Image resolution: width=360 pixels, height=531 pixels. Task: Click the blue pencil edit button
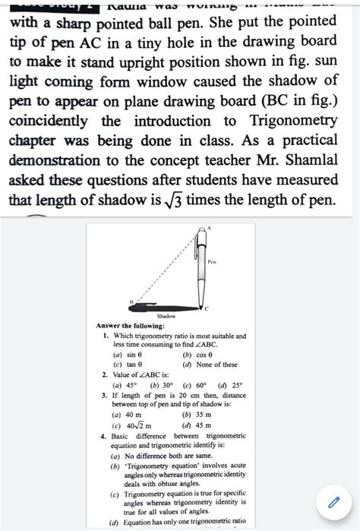(332, 502)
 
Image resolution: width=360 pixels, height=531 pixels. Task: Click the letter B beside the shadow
(131, 302)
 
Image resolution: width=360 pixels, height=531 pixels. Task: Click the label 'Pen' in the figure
(212, 261)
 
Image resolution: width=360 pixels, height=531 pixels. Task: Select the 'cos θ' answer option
(199, 355)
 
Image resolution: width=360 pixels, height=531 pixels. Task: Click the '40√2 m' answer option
(137, 425)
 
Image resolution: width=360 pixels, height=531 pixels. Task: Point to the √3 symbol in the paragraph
(173, 201)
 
